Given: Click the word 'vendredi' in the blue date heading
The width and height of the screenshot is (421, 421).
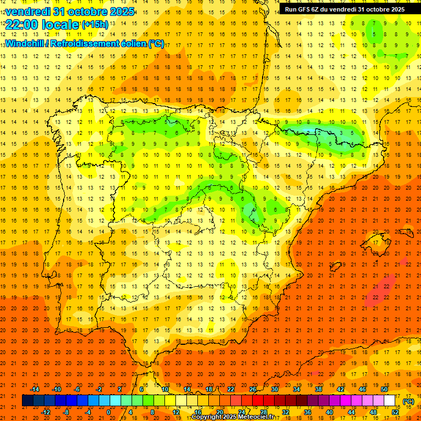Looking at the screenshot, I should pos(27,12).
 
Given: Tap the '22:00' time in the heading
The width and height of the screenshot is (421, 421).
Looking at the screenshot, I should pos(21,24).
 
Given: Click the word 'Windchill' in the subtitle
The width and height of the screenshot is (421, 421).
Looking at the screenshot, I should pos(24,43).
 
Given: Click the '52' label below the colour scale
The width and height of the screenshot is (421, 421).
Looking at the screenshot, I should pos(395,412).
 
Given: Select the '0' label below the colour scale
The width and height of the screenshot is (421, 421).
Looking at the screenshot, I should pos(109,412).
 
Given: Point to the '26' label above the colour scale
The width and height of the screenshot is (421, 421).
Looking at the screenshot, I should pos(252,389).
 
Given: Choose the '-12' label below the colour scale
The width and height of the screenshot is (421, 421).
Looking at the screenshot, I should pos(45,412).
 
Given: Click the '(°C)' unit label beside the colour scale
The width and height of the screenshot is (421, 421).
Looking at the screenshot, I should pos(408,401).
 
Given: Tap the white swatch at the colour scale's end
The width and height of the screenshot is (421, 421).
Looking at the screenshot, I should pos(390,401).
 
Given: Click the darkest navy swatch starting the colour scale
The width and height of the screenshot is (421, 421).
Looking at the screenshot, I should pos(27,401).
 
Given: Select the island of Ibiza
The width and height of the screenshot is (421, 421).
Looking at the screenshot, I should pos(335,267).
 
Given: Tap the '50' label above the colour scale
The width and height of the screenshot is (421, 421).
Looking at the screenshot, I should pos(384,389).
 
